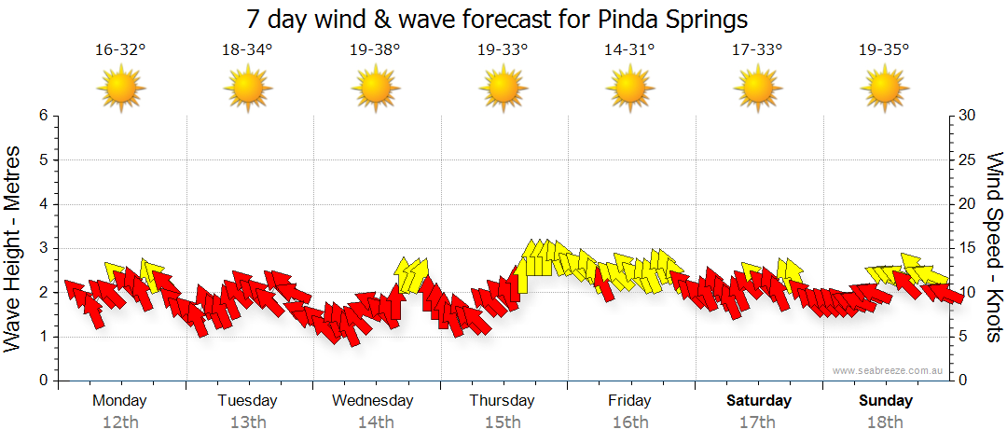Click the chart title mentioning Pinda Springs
[x=498, y=19]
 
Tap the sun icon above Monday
[x=120, y=89]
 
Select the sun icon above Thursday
[x=503, y=89]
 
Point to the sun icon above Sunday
[x=884, y=89]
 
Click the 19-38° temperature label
[x=375, y=49]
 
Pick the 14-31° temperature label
[x=629, y=49]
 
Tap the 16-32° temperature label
[x=120, y=49]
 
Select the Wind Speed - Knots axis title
[x=994, y=247]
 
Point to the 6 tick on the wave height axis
[x=42, y=116]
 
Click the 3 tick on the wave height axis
[x=42, y=248]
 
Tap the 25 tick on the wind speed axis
[x=969, y=159]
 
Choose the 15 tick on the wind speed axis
[x=969, y=248]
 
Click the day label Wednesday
[x=373, y=401]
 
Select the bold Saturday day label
[x=759, y=401]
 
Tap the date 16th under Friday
[x=630, y=422]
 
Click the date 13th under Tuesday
[x=248, y=422]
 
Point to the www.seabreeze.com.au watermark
[x=890, y=370]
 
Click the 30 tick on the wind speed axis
[x=969, y=116]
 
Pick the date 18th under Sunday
[x=886, y=422]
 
